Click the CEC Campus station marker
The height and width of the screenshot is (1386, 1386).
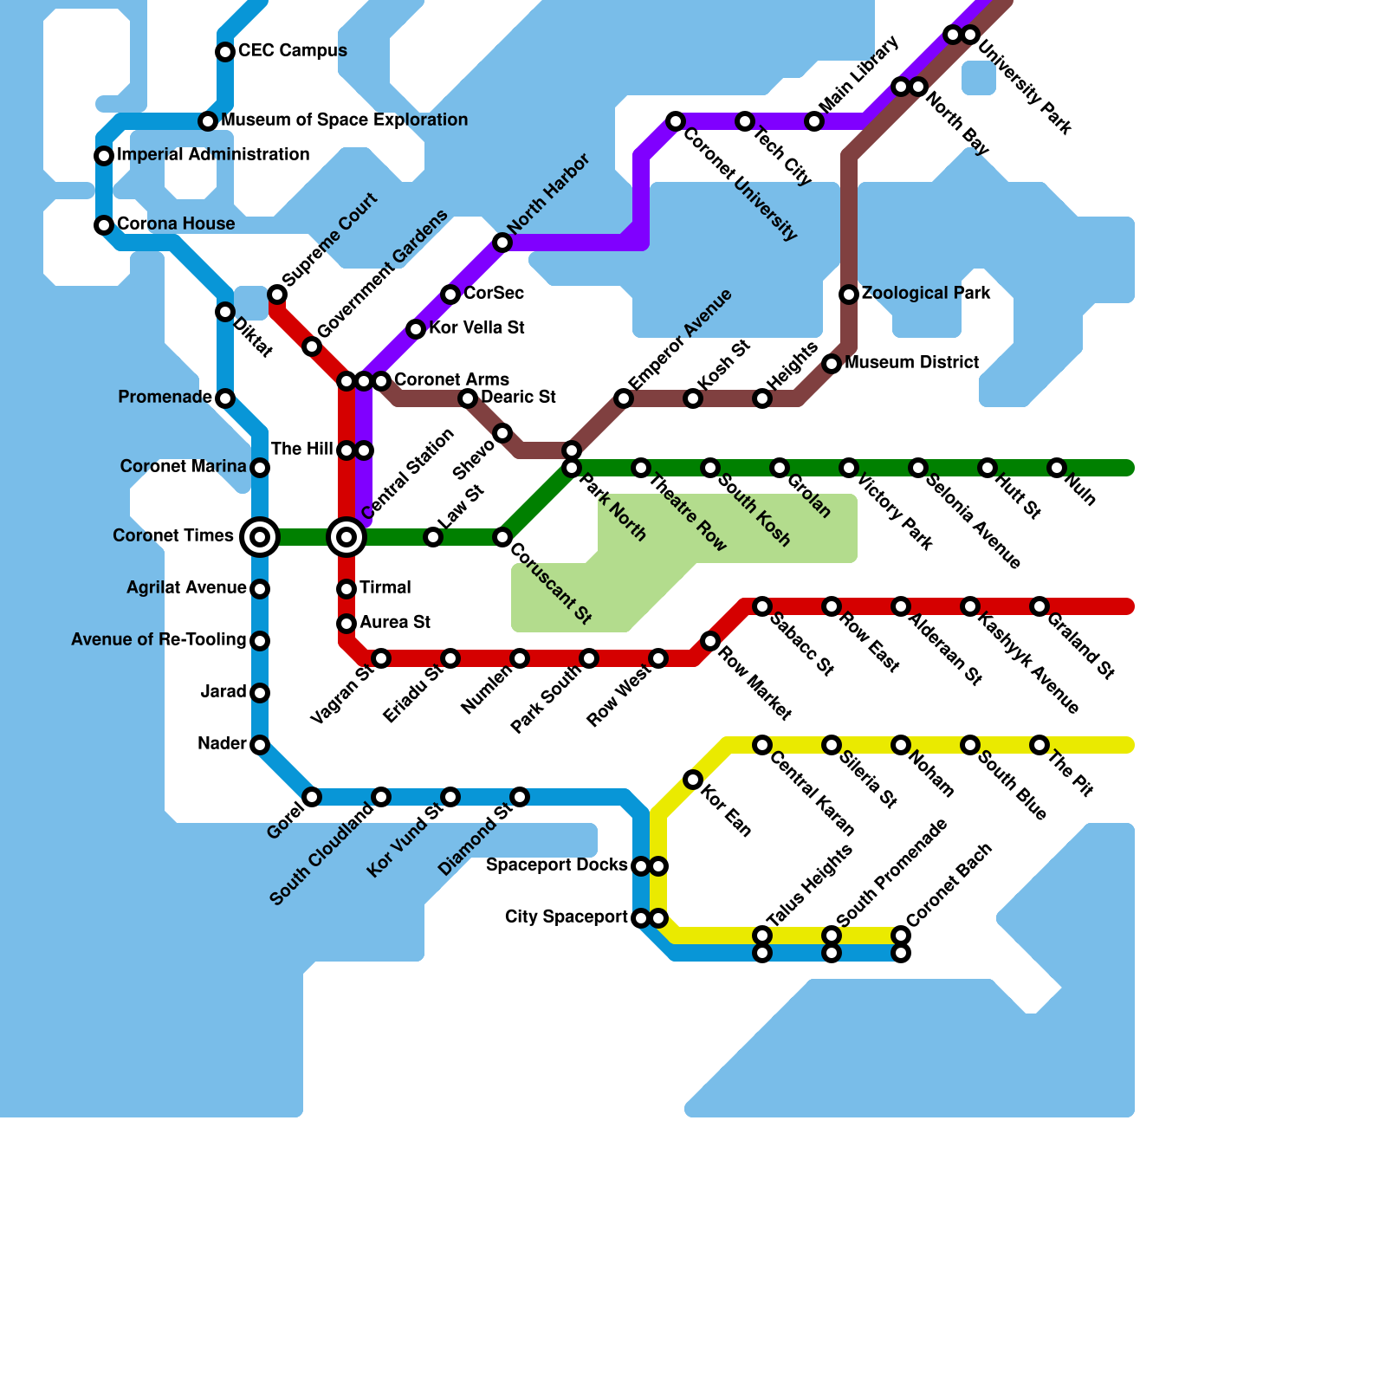225,52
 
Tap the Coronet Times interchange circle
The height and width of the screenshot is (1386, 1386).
260,537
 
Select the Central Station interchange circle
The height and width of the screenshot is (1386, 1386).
346,537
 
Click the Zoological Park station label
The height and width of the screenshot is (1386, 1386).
925,294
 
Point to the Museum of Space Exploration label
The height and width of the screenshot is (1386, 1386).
344,120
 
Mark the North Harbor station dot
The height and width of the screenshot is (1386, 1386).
502,243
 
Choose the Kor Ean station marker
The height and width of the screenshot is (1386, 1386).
693,780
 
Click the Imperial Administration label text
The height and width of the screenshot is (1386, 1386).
213,155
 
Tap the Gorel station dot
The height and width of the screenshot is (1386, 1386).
312,797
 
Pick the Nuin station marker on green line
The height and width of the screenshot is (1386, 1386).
1057,468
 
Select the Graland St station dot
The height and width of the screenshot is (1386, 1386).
1039,606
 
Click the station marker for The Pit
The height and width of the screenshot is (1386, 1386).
1039,745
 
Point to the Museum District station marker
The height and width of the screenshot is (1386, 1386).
832,364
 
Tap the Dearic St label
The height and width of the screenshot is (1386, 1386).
518,398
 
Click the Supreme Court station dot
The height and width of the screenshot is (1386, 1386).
277,295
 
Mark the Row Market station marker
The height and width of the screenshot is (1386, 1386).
710,641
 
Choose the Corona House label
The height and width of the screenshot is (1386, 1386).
176,224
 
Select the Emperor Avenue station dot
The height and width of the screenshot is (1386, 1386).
624,398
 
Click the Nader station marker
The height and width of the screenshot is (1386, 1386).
260,745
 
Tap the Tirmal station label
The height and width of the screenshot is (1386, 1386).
385,588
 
